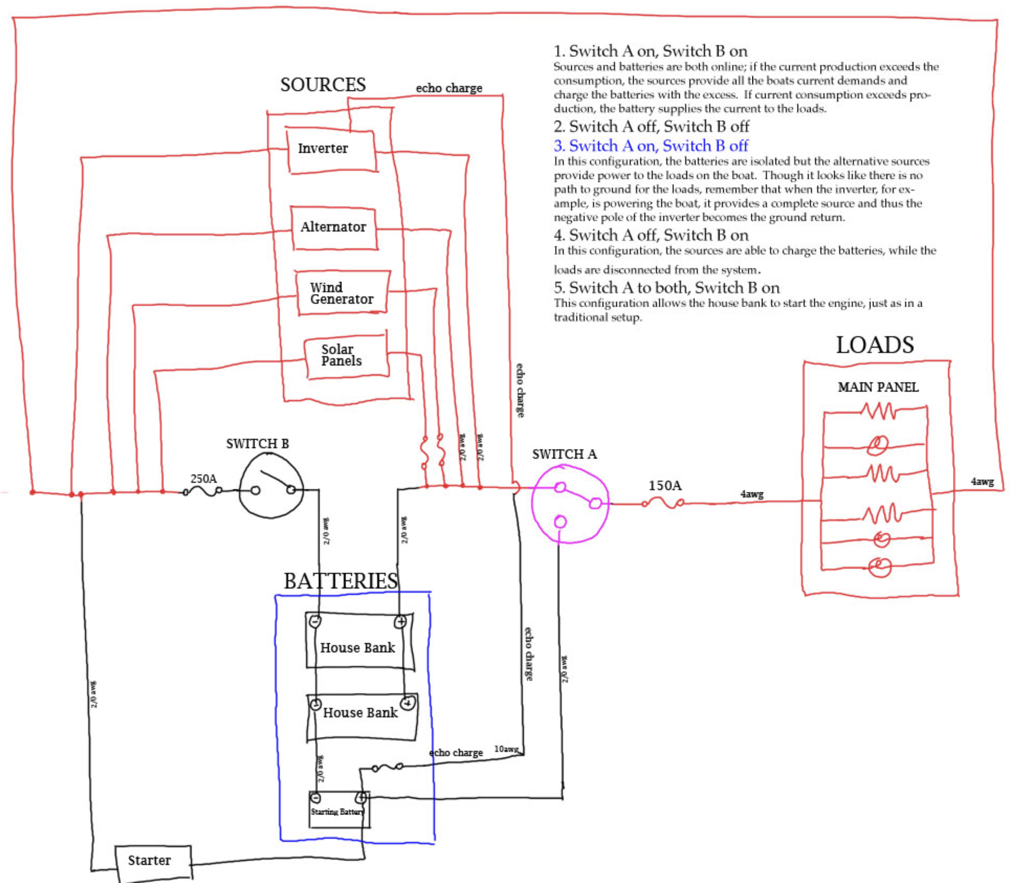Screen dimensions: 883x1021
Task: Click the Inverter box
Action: coord(331,150)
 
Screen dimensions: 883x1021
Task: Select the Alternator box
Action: coord(334,228)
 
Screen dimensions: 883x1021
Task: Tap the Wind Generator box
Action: coord(341,293)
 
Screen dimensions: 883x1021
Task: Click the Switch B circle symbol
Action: coord(271,486)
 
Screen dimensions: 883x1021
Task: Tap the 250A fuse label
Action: coord(204,478)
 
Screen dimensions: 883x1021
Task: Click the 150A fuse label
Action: coord(665,486)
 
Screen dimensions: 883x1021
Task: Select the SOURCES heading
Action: coord(323,85)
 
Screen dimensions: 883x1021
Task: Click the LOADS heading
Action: coord(874,346)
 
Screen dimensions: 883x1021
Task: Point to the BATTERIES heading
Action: coord(340,581)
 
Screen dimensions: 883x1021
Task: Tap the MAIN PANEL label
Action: coord(878,387)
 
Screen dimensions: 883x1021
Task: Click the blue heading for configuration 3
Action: coord(651,146)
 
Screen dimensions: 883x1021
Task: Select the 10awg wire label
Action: coord(506,749)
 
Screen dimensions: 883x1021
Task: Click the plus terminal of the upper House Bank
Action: coord(400,622)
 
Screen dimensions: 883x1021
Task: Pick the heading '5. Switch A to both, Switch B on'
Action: coord(666,288)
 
